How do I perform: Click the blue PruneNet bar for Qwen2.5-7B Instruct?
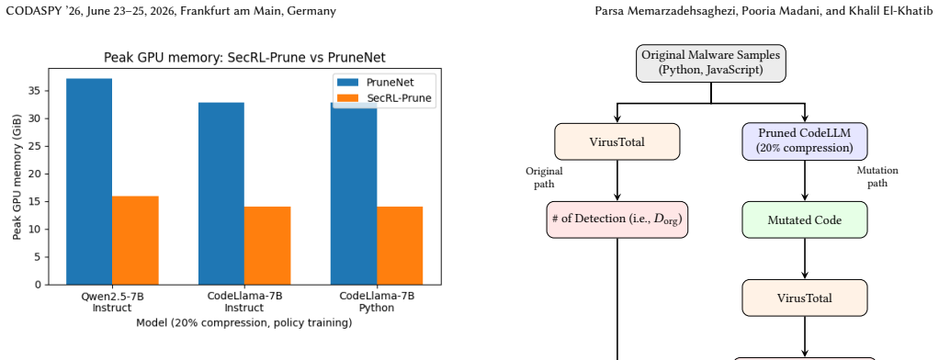89,182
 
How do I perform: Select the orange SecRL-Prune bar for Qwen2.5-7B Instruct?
135,241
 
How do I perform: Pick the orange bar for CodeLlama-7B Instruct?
267,245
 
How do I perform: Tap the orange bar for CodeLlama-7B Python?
400,245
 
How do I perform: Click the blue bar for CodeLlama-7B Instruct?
221,194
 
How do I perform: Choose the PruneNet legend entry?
384,83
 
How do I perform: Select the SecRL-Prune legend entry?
384,98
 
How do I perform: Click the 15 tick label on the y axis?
36,202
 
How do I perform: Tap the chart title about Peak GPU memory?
244,58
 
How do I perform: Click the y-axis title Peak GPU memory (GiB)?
17,176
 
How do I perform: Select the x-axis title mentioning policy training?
244,323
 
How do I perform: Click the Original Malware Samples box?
711,62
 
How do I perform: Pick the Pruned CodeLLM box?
804,141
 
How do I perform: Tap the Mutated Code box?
804,219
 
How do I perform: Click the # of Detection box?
617,219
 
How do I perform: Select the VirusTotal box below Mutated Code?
804,298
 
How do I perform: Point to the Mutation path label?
877,176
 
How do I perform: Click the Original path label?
544,177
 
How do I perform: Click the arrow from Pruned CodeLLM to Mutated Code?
804,181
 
